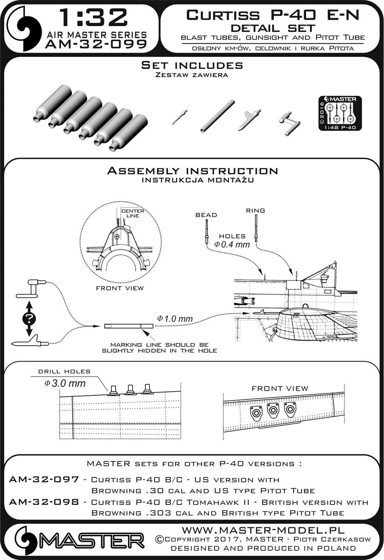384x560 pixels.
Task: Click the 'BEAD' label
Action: coord(206,215)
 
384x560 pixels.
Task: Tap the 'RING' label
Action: coord(256,210)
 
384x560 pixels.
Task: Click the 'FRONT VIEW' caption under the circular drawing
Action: coord(120,288)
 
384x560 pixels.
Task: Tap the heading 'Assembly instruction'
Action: coord(192,171)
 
